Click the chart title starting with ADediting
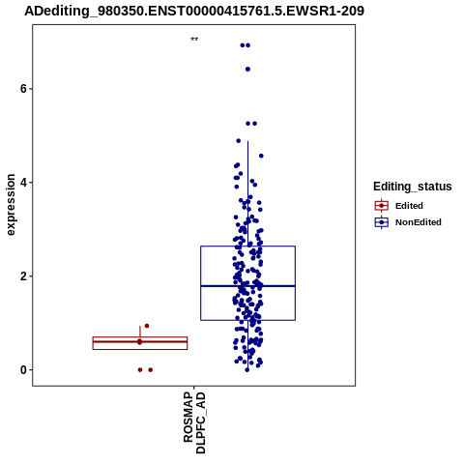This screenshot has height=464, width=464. [x=194, y=11]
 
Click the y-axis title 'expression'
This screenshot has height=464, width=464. [x=11, y=205]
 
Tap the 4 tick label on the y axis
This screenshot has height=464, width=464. [x=23, y=183]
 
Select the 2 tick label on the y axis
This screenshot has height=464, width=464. [x=23, y=276]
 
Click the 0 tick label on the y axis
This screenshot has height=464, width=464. [x=23, y=370]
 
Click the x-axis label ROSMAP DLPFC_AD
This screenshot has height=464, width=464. [x=194, y=422]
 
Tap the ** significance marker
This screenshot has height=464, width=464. [x=194, y=40]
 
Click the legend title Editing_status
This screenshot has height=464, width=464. [x=413, y=187]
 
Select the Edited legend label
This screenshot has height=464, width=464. [x=409, y=206]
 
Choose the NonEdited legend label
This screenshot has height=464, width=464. [x=419, y=222]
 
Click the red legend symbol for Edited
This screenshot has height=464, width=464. [x=382, y=206]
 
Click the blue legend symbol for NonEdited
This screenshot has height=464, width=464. [x=382, y=222]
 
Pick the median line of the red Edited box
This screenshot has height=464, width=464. [x=140, y=341]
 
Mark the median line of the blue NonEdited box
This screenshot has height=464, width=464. [x=247, y=286]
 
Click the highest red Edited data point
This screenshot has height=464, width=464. [x=147, y=326]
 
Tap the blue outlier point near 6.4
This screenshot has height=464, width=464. [x=247, y=70]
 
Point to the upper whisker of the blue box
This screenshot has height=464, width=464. [x=247, y=193]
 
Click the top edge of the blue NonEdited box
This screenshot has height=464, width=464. [x=247, y=246]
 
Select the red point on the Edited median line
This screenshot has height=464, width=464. [x=139, y=341]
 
